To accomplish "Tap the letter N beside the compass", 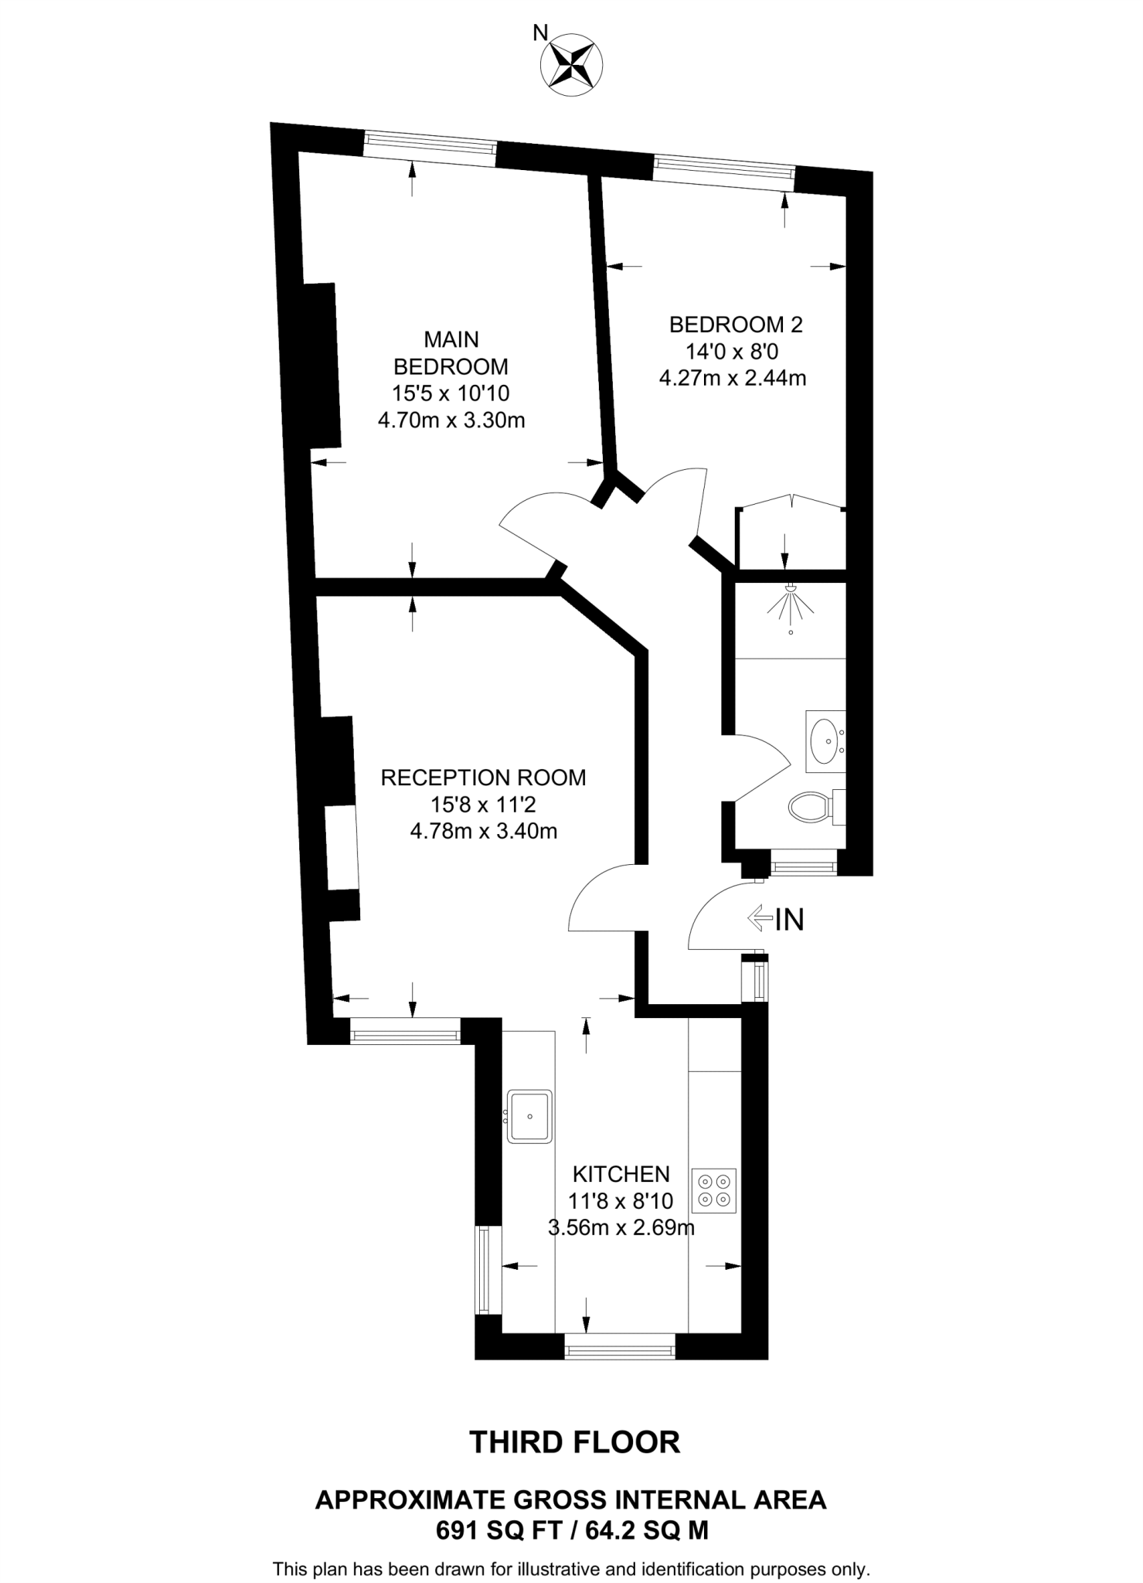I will pyautogui.click(x=541, y=32).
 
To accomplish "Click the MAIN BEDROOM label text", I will pyautogui.click(x=451, y=352).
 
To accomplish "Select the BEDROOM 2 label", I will pyautogui.click(x=736, y=325).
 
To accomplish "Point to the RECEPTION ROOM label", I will pyautogui.click(x=483, y=778).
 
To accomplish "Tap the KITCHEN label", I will pyautogui.click(x=621, y=1174).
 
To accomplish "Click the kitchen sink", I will pyautogui.click(x=529, y=1116).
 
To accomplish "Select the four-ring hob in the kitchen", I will pyautogui.click(x=714, y=1190).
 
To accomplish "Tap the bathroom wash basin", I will pyautogui.click(x=825, y=741).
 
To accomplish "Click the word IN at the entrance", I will pyautogui.click(x=789, y=919).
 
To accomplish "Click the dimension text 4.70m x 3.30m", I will pyautogui.click(x=451, y=421).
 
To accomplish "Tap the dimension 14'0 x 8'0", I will pyautogui.click(x=732, y=352).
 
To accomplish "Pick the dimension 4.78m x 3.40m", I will pyautogui.click(x=483, y=832).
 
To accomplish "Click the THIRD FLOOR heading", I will pyautogui.click(x=575, y=1442).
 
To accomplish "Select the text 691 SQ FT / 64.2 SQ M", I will pyautogui.click(x=572, y=1530).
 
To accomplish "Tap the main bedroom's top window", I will pyautogui.click(x=430, y=145).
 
